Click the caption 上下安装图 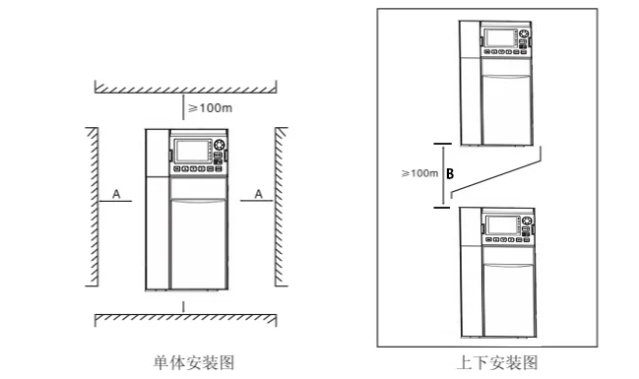497,361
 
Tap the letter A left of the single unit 116,195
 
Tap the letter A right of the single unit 258,195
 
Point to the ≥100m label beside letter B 419,173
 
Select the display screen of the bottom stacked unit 504,222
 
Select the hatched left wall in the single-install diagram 91,207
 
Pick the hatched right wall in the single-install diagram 280,207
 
